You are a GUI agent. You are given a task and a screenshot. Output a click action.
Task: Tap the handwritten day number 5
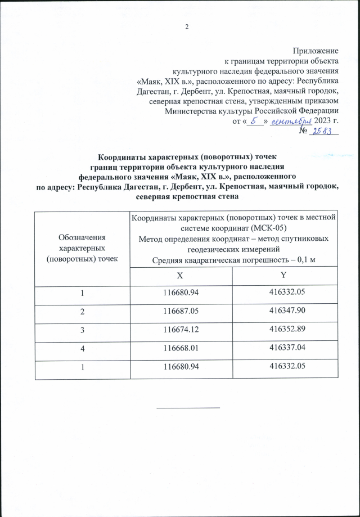(x=254, y=120)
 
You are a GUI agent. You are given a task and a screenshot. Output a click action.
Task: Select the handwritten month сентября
(x=291, y=121)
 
